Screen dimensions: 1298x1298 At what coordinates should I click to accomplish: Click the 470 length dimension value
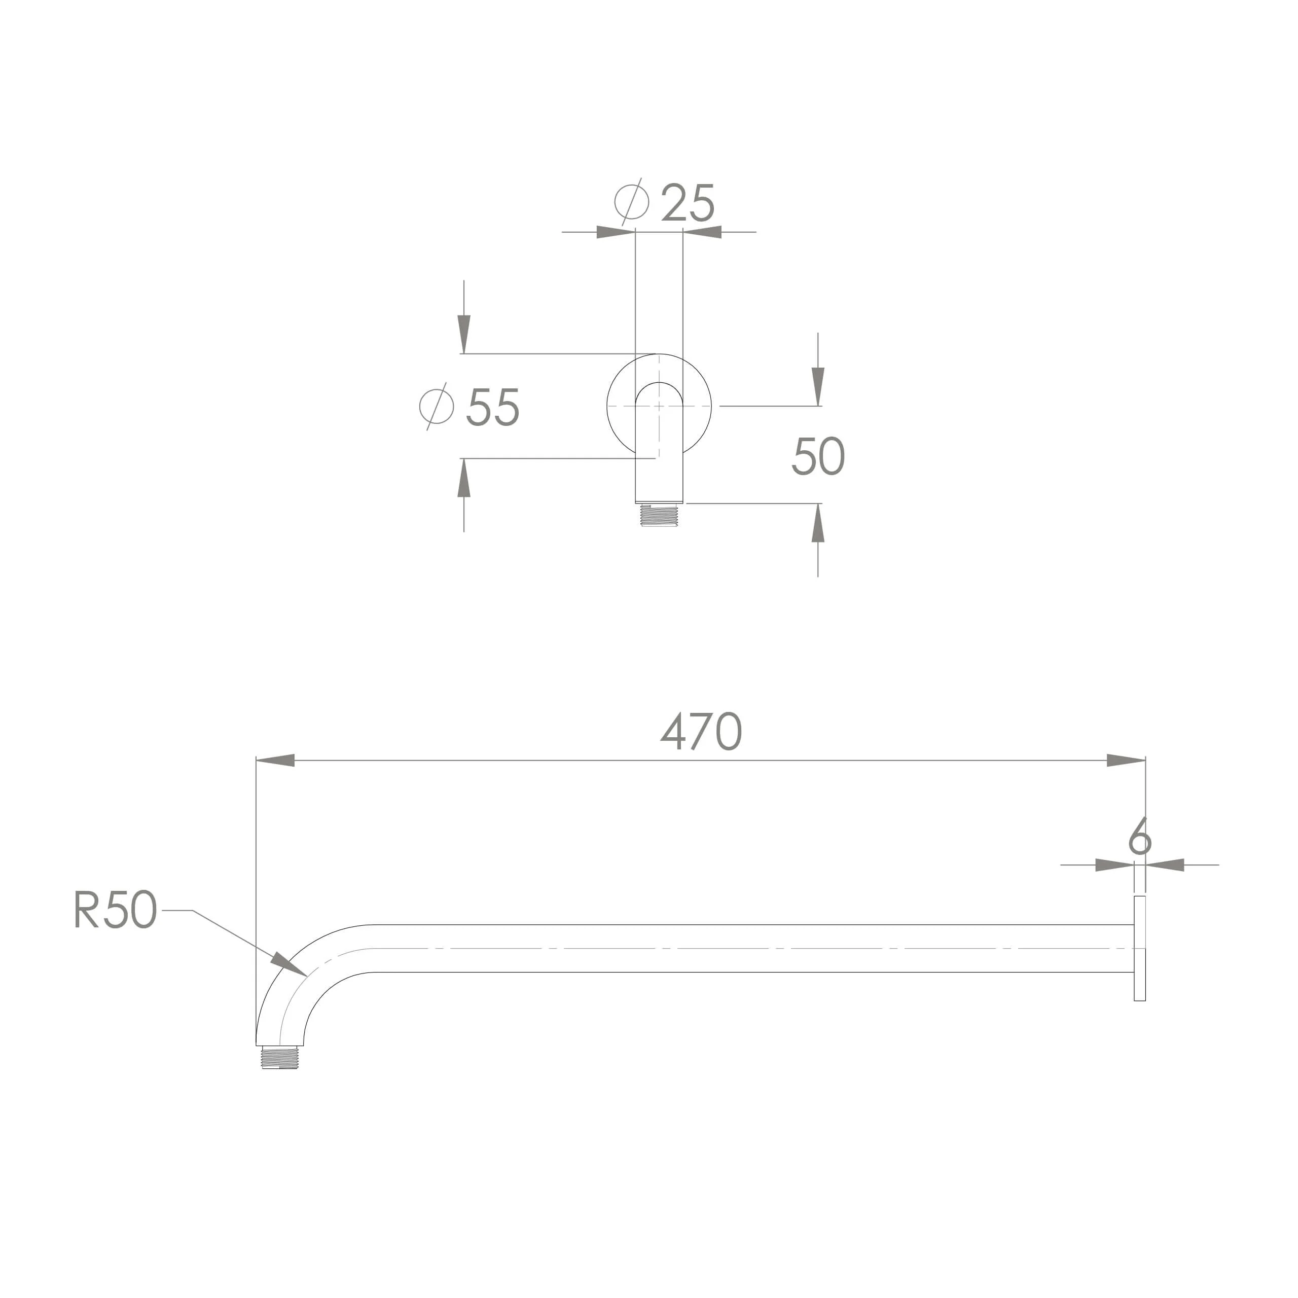pyautogui.click(x=701, y=731)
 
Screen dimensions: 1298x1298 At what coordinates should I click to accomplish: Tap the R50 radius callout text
pyautogui.click(x=116, y=909)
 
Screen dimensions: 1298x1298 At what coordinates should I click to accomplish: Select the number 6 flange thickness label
pyautogui.click(x=1140, y=837)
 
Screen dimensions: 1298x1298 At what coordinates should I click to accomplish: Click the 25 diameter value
pyautogui.click(x=688, y=202)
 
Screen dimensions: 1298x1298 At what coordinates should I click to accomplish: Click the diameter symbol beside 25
pyautogui.click(x=632, y=202)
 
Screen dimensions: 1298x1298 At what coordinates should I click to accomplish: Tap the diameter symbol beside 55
pyautogui.click(x=436, y=407)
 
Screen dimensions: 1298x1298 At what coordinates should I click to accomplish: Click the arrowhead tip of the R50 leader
pyautogui.click(x=308, y=976)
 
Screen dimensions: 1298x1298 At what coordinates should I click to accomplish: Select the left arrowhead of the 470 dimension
pyautogui.click(x=275, y=761)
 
